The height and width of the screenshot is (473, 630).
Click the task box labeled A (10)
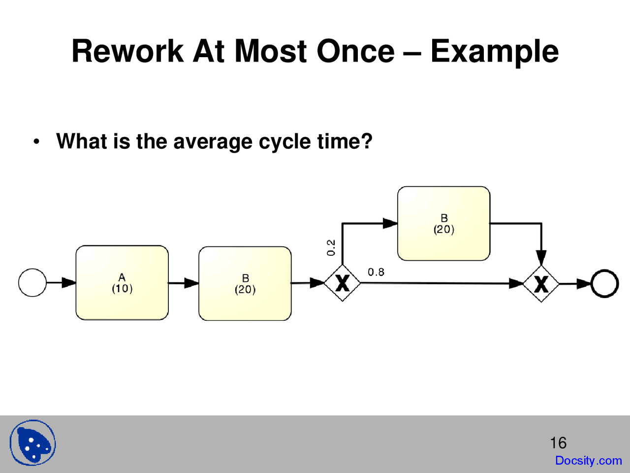122,283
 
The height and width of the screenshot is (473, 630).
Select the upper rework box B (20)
443,223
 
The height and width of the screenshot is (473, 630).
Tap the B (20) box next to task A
245,284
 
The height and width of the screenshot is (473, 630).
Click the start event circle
32,283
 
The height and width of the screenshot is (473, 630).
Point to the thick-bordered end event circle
604,283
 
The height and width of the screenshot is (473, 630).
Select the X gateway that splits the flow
342,283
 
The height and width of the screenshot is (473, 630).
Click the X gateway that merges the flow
541,284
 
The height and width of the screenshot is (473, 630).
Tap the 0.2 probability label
331,247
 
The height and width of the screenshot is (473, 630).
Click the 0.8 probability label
376,272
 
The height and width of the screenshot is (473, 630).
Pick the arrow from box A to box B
184,283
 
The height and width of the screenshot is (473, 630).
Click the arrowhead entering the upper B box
390,223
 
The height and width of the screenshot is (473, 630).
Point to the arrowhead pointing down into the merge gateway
541,258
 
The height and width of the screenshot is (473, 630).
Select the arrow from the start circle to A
62,283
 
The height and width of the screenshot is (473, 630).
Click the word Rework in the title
127,51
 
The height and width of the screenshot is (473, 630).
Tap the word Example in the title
494,51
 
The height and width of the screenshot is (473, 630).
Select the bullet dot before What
36,142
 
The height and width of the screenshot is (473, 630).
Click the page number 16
558,442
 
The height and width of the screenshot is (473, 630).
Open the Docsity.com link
588,461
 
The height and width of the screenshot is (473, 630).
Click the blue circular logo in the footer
33,443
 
